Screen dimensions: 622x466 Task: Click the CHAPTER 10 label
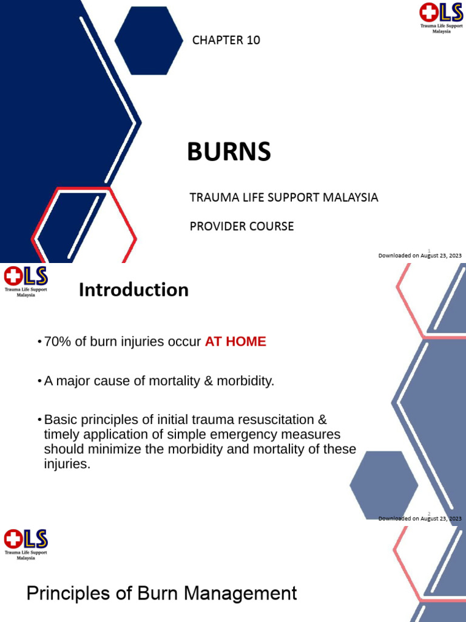tap(226, 41)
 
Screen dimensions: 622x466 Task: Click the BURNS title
tap(229, 152)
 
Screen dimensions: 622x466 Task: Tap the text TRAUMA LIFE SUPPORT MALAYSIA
tap(284, 197)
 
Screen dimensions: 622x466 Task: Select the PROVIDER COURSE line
tap(241, 226)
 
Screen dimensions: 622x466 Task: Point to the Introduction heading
tap(133, 290)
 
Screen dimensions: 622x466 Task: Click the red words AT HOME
tap(235, 341)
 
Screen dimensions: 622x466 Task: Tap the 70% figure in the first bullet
tap(57, 341)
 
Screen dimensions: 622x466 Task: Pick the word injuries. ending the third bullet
tap(67, 465)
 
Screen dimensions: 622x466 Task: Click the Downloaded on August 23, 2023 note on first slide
tap(420, 256)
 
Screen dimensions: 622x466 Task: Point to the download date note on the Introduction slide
tap(420, 518)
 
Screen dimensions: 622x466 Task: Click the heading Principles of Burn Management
tap(161, 593)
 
